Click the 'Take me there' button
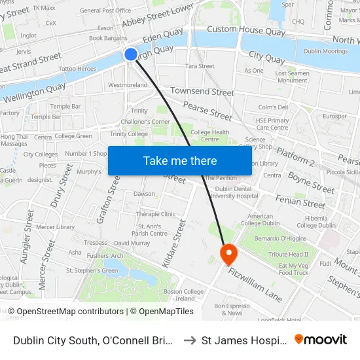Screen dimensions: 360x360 (180, 160)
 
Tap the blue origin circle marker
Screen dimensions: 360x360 (131, 54)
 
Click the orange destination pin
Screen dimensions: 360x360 (228, 253)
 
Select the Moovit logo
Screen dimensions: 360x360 (321, 339)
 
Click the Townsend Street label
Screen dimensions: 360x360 (202, 92)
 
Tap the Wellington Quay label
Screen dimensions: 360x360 (33, 92)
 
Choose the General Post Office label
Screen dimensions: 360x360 (105, 10)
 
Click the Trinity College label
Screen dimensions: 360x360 (129, 134)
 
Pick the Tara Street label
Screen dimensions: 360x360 (200, 66)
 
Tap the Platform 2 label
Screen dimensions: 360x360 (295, 156)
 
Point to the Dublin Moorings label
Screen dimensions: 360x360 (325, 51)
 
